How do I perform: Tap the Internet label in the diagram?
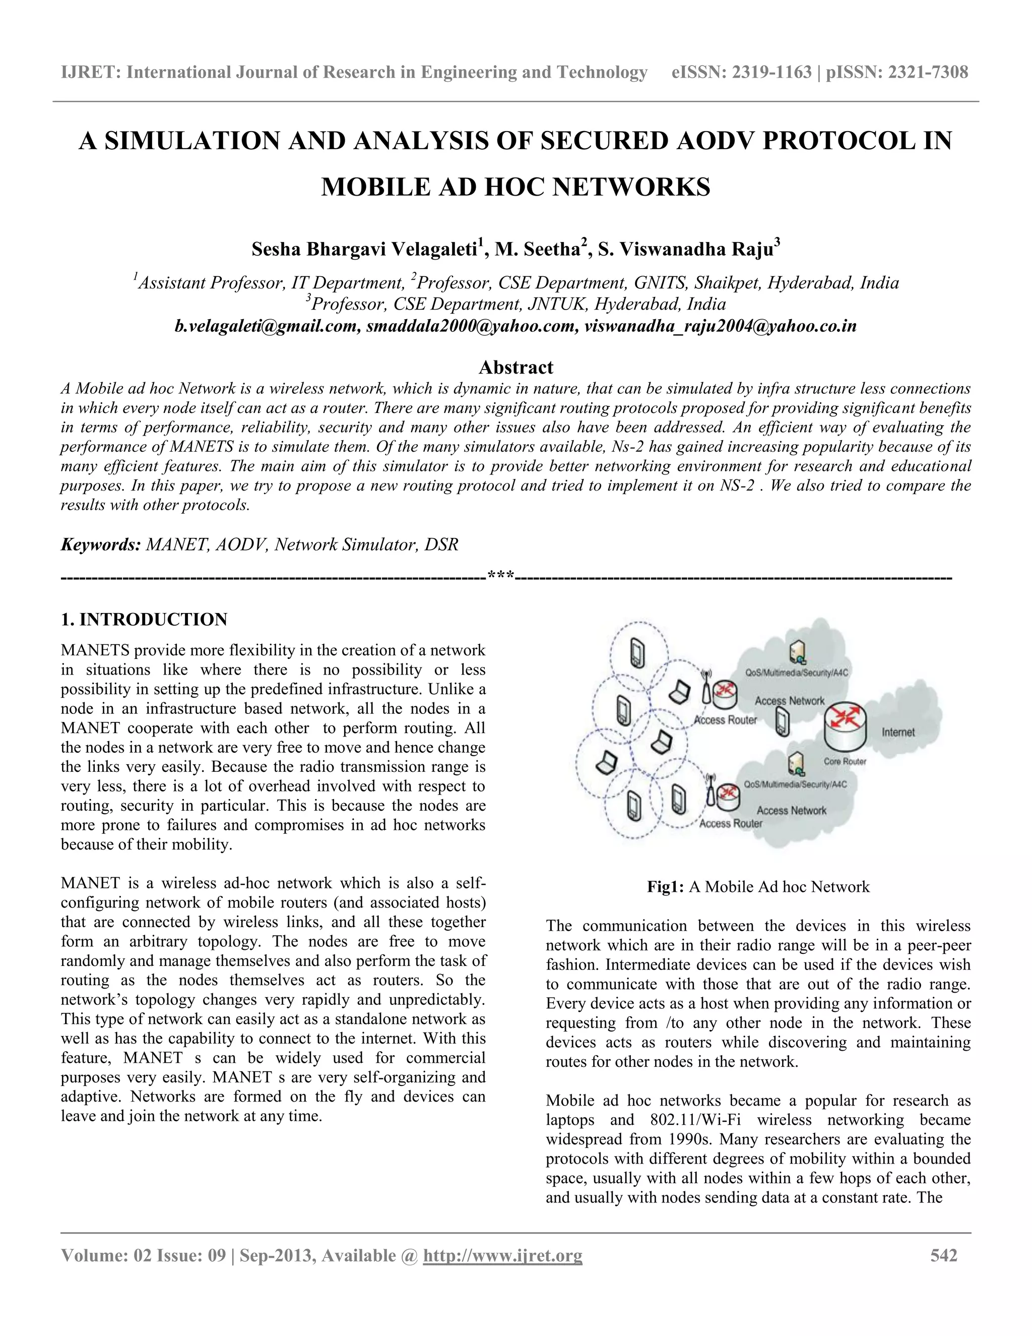pos(898,732)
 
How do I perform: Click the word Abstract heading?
pos(515,367)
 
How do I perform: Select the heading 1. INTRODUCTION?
pos(144,619)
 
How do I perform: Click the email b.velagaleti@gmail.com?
pos(267,326)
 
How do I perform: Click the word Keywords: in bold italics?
pos(101,544)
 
